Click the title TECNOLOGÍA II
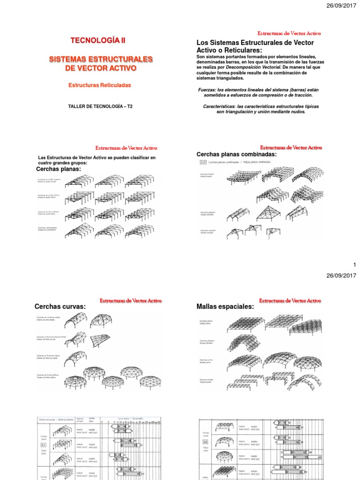97,41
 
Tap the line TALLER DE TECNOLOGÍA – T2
100,106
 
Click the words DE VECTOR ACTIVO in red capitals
101,68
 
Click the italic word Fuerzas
205,89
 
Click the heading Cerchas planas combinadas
236,155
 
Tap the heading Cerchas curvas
60,307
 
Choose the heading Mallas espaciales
225,307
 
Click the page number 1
354,265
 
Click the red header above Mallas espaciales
290,300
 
